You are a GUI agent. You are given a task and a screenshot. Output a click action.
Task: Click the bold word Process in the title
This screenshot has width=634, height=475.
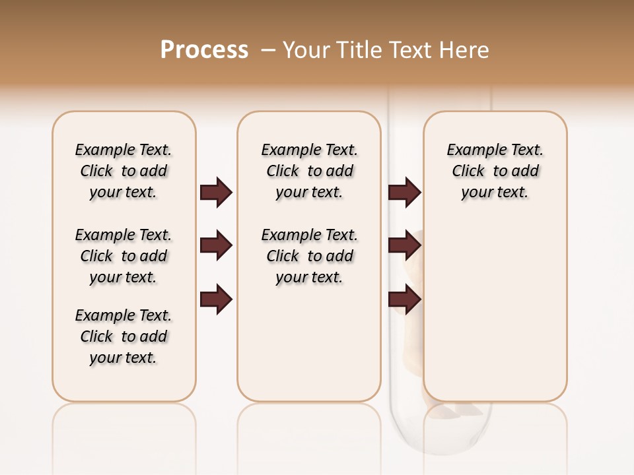pos(204,50)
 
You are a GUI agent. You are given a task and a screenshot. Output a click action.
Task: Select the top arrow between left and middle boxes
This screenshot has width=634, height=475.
pos(216,192)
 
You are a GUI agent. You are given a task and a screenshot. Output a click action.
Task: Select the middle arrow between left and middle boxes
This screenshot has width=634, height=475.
pos(216,245)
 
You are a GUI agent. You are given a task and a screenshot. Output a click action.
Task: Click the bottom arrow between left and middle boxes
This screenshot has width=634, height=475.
pos(216,299)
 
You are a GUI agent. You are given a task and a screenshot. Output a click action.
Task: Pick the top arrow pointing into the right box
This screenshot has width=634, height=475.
pos(404,192)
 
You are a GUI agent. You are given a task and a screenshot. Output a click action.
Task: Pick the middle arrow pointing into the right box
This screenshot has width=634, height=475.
pos(404,245)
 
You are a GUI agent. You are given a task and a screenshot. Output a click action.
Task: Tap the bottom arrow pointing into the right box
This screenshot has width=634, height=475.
pos(404,299)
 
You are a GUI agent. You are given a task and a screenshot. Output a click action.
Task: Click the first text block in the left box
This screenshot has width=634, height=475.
pos(123,171)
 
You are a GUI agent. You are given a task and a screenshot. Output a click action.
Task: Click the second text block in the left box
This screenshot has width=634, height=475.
pos(123,256)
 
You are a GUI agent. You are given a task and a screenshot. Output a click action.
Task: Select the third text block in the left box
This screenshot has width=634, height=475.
pos(123,336)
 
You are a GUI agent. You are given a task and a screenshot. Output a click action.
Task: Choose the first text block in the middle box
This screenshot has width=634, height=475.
pos(309,171)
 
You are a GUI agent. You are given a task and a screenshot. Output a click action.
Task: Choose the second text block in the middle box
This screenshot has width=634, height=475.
pos(309,256)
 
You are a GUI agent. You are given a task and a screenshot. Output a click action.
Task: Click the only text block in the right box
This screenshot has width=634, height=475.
pos(495,171)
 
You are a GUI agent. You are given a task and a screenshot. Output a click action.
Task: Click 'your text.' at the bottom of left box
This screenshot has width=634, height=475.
pos(123,358)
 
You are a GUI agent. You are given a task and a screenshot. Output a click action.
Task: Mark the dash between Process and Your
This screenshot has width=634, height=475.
pos(267,50)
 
